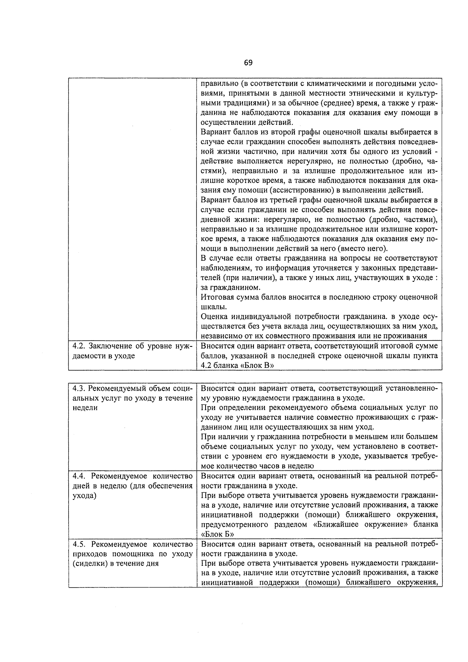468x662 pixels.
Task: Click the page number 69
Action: point(248,63)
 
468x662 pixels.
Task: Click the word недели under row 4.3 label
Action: point(85,408)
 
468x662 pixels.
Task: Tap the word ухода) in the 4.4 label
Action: point(84,496)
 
